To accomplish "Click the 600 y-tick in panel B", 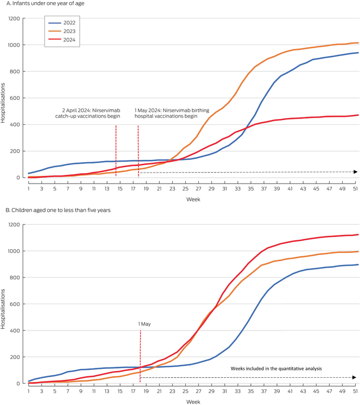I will click(x=14, y=304).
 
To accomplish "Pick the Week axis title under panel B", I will click(x=193, y=402).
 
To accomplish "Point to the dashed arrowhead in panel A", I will click(x=356, y=172).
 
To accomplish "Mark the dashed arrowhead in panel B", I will click(x=356, y=377).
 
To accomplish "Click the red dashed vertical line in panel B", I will click(x=140, y=357).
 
